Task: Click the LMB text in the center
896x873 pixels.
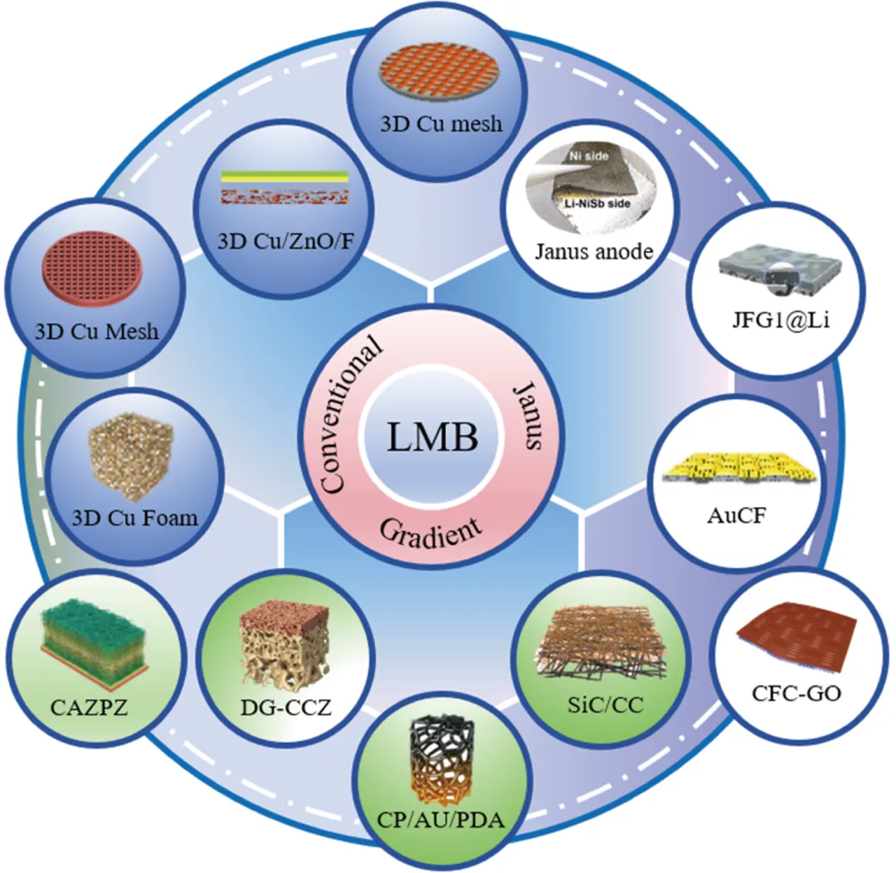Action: (x=432, y=438)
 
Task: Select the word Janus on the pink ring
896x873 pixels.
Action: (x=526, y=415)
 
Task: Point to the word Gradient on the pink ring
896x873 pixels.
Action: (x=431, y=531)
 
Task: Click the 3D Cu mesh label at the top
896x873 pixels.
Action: (x=441, y=124)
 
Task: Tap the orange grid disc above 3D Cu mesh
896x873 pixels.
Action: (x=440, y=77)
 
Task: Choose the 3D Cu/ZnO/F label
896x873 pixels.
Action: (x=285, y=241)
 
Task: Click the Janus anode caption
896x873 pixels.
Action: (x=594, y=251)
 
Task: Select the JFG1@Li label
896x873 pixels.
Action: (x=781, y=320)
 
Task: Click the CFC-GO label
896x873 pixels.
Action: (x=796, y=693)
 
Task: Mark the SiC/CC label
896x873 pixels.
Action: (x=605, y=705)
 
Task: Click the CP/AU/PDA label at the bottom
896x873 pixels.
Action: (x=441, y=821)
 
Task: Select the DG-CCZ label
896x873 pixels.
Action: (x=285, y=707)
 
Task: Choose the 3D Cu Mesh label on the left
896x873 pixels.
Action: (x=96, y=332)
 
